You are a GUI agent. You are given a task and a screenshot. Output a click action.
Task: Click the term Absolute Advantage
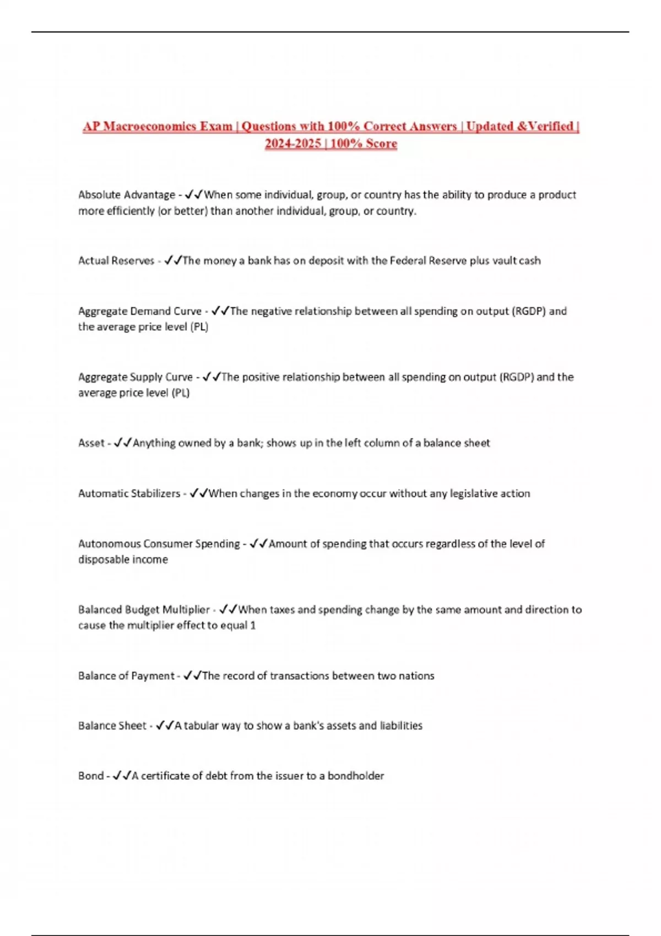tap(126, 195)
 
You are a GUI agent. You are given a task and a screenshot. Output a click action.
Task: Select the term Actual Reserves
tap(116, 261)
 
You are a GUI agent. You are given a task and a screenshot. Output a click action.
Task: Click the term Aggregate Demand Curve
tap(140, 312)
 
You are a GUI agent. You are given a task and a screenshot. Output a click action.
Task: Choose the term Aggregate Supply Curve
tap(135, 378)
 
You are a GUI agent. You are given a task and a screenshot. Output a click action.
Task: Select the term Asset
tap(91, 443)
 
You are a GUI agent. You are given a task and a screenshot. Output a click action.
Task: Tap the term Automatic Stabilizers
tap(129, 494)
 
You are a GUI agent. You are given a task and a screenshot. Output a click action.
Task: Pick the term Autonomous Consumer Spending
tap(159, 544)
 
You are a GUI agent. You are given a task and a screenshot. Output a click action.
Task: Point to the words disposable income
tap(123, 560)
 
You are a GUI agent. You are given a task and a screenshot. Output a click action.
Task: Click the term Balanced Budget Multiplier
tap(143, 610)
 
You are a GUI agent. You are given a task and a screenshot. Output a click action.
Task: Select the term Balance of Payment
tap(126, 676)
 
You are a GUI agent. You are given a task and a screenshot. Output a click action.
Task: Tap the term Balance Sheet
tap(112, 726)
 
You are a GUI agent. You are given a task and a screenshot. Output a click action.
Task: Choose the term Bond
tap(90, 776)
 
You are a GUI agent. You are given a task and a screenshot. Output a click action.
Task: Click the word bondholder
tap(355, 776)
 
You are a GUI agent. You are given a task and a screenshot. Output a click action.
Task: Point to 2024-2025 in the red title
tap(292, 144)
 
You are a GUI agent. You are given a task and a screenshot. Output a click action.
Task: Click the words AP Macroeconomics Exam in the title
tap(158, 127)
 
